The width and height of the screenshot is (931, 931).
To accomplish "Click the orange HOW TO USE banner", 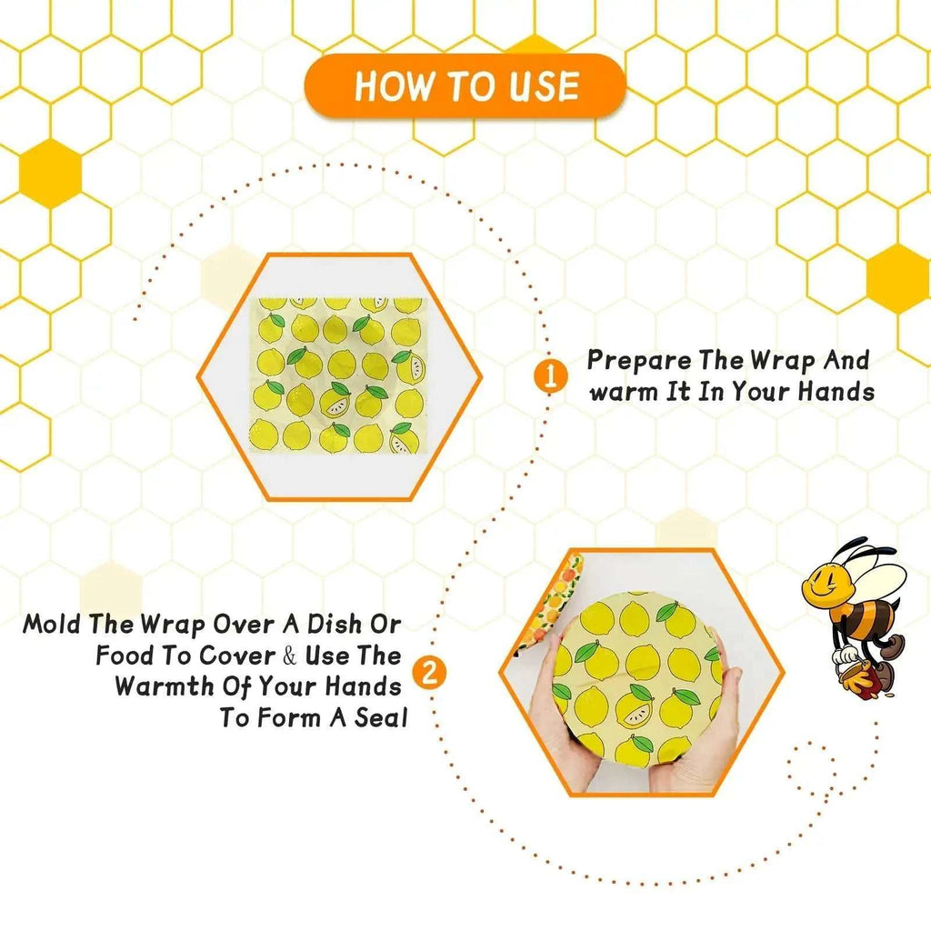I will (x=465, y=86).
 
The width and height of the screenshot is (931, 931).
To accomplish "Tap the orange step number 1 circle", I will (x=549, y=376).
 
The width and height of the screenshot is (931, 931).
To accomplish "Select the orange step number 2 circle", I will (x=429, y=675).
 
